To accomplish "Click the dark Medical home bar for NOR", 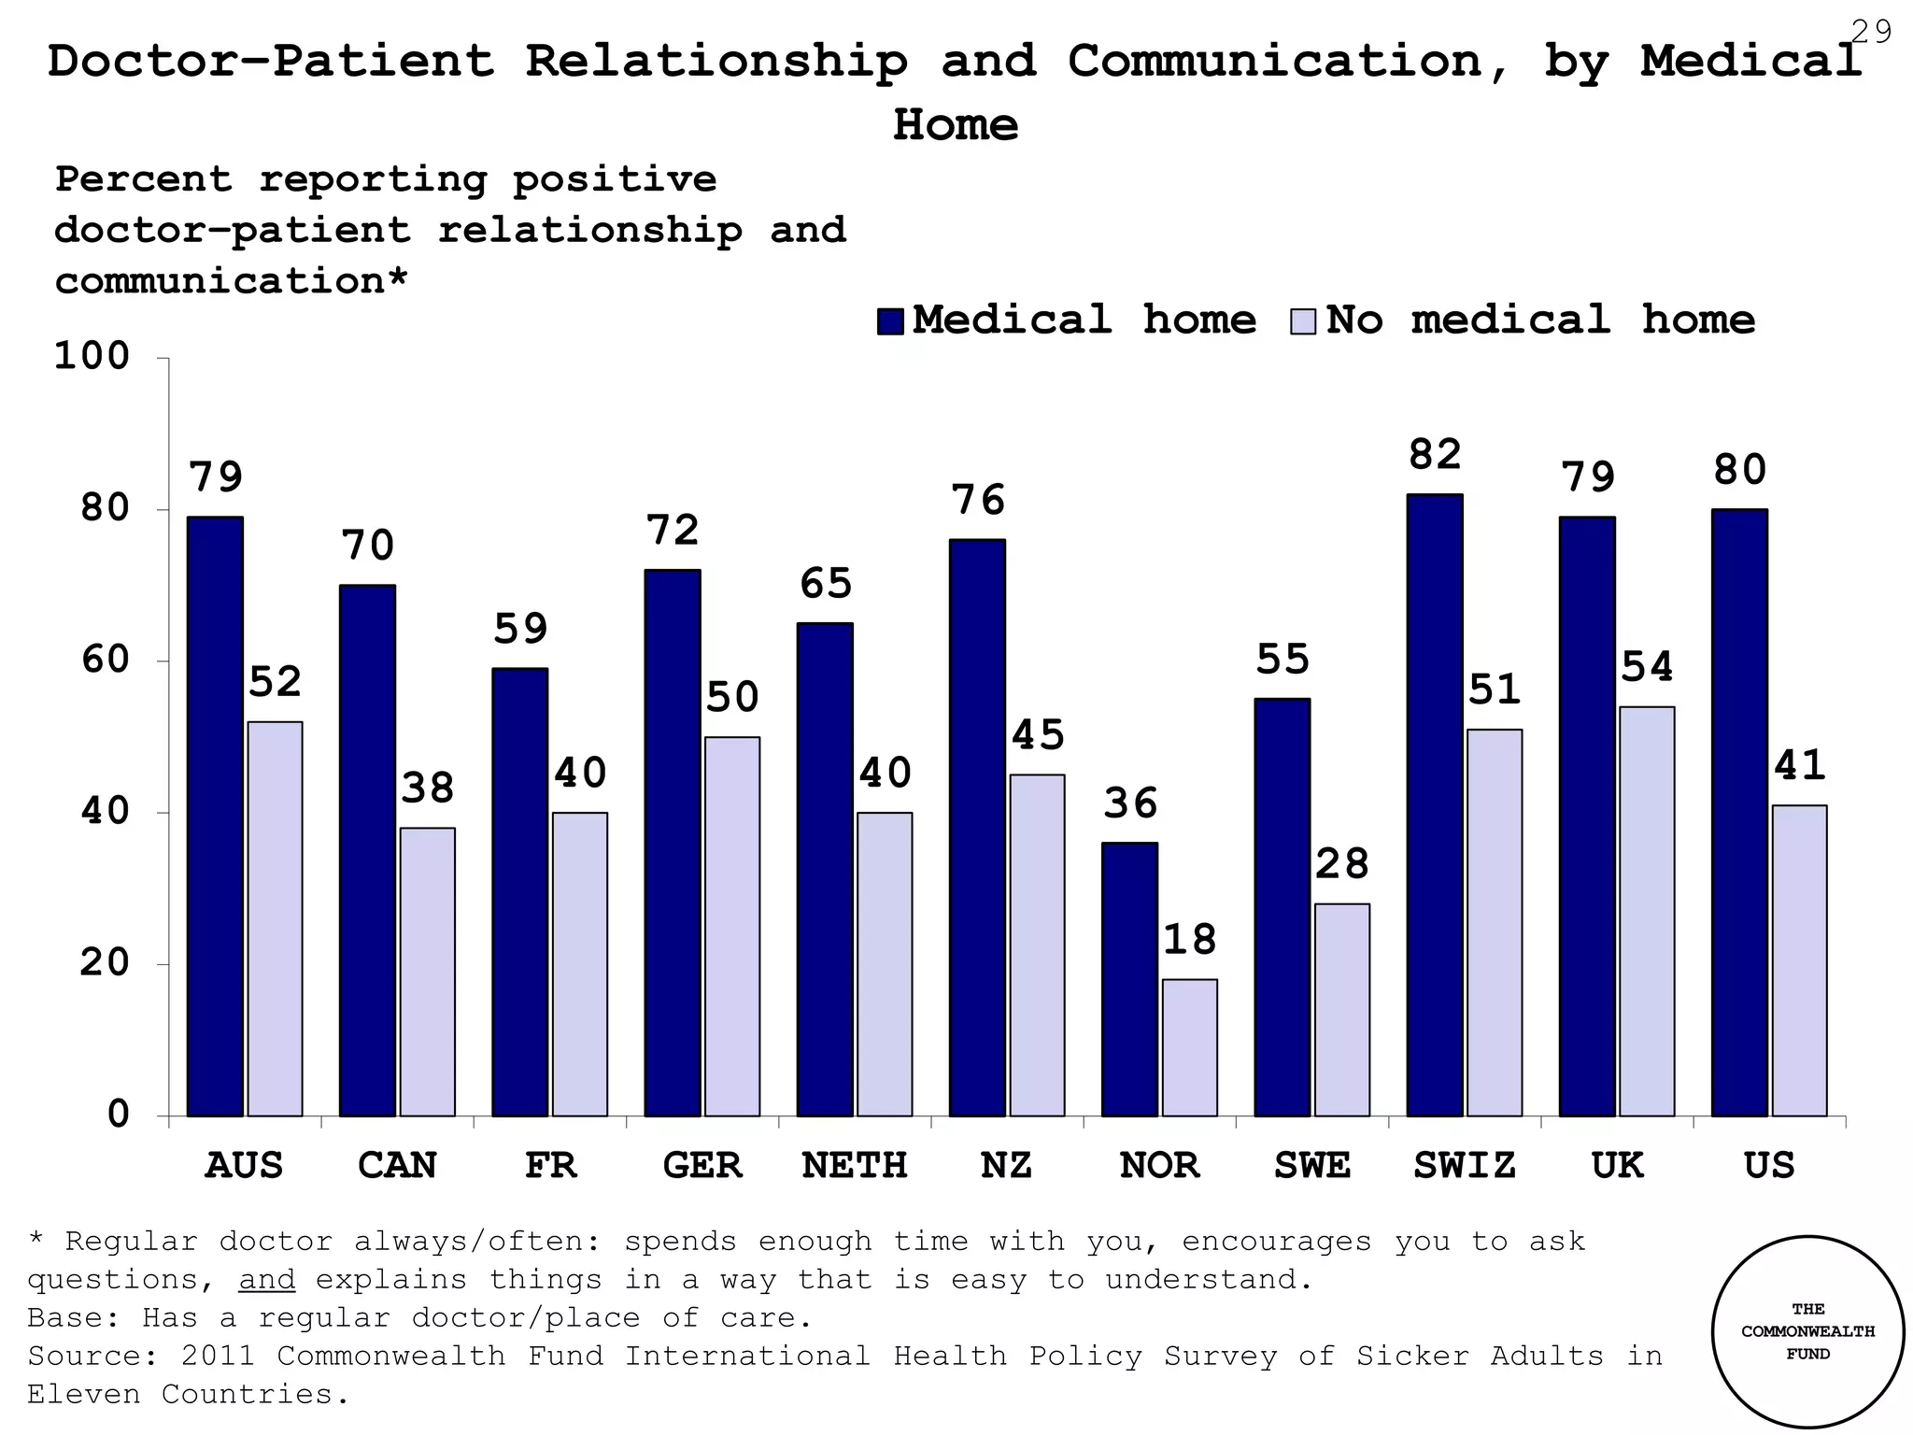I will [1129, 979].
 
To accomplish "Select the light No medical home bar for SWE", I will [1342, 1009].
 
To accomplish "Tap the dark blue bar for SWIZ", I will [1435, 805].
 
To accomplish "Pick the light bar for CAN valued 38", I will [428, 972].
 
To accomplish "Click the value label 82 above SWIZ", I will [1435, 455].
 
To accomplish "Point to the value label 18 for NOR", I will [1189, 940].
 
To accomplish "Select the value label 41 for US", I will [1799, 766].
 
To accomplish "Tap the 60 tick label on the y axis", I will [105, 660].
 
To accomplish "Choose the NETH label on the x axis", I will [855, 1166].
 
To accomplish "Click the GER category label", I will [702, 1166].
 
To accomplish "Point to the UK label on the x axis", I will [1617, 1166].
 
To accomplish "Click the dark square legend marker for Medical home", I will [890, 321].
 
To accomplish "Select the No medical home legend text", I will [1540, 320].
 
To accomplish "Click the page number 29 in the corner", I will [1871, 33].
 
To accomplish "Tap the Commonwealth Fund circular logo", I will [1807, 1331].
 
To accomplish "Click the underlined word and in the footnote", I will [267, 1279].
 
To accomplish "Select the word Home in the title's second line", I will [956, 125].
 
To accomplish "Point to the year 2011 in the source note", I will [219, 1356].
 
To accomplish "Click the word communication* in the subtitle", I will [231, 281].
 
